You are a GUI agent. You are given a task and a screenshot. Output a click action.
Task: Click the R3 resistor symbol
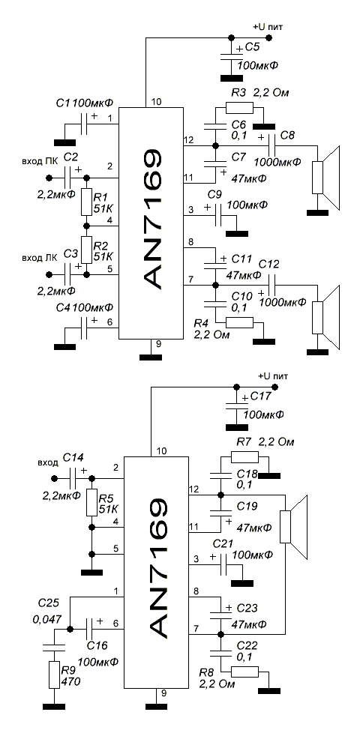pyautogui.click(x=239, y=109)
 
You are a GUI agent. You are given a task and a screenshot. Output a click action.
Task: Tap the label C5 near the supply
pyautogui.click(x=253, y=48)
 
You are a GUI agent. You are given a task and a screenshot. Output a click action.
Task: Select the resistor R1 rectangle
pyautogui.click(x=86, y=202)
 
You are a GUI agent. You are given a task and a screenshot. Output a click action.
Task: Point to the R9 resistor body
pyautogui.click(x=54, y=674)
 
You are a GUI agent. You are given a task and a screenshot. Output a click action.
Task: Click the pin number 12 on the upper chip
pyautogui.click(x=187, y=139)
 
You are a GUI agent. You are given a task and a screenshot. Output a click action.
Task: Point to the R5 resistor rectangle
pyautogui.click(x=92, y=502)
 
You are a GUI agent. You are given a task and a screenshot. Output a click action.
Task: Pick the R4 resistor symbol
pyautogui.click(x=239, y=322)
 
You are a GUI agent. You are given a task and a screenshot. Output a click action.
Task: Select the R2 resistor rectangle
pyautogui.click(x=86, y=250)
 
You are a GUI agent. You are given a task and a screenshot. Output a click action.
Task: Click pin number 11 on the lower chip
pyautogui.click(x=192, y=527)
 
